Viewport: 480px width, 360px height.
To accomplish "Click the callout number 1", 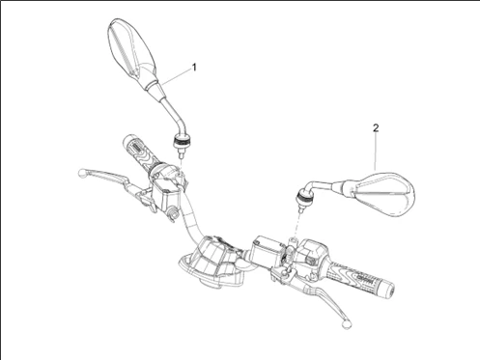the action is pyautogui.click(x=194, y=68).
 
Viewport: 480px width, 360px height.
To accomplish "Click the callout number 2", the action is pyautogui.click(x=376, y=128).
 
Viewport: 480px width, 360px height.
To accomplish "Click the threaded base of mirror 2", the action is pyautogui.click(x=303, y=200).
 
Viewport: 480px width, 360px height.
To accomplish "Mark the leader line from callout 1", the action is pyautogui.click(x=177, y=76).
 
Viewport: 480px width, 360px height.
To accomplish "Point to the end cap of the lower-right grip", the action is pyautogui.click(x=388, y=291).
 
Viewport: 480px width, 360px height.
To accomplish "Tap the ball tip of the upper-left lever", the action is pyautogui.click(x=83, y=174).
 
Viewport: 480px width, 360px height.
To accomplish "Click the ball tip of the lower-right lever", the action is pyautogui.click(x=347, y=323).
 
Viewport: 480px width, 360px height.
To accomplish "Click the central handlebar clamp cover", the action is pyautogui.click(x=211, y=261).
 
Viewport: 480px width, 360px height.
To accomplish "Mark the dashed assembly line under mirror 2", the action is pyautogui.click(x=297, y=225).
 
